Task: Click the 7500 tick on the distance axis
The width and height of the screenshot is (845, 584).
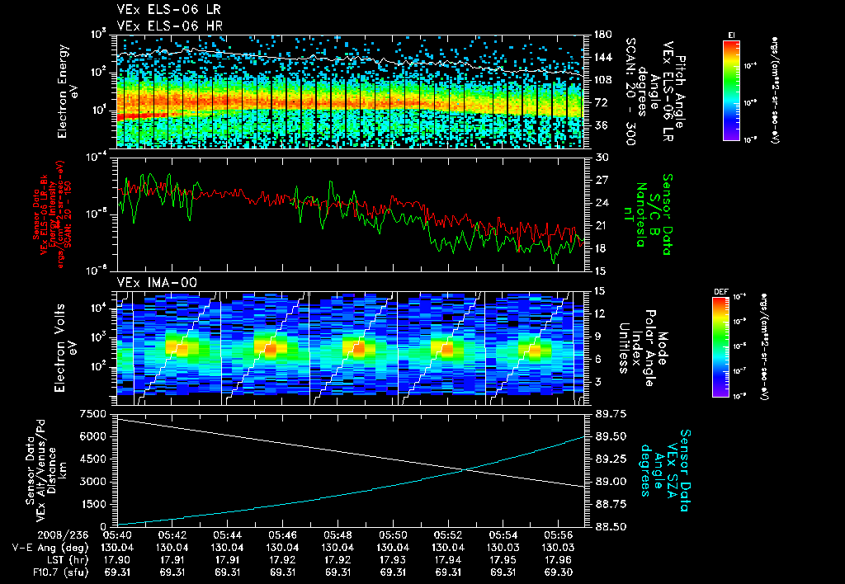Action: coord(98,412)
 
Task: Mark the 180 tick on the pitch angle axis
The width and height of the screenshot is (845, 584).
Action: coord(602,35)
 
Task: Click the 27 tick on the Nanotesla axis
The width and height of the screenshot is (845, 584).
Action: coord(600,179)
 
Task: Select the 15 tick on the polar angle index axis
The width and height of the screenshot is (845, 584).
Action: coord(600,290)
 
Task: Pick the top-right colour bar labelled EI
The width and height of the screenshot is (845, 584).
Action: coord(730,87)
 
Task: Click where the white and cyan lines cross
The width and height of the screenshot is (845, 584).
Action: coord(466,470)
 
